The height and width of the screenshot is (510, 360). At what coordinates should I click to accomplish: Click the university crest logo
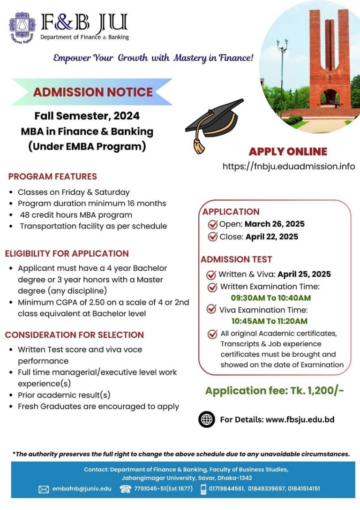(x=22, y=28)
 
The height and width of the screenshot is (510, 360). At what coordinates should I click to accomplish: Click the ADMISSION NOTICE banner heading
(x=93, y=91)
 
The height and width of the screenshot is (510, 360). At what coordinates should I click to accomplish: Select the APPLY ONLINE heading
(x=288, y=152)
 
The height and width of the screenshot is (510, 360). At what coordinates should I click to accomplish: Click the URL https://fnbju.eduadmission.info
(x=289, y=166)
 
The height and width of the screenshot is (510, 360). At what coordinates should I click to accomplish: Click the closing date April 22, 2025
(x=272, y=236)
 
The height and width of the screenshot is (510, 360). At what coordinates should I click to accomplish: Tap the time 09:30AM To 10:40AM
(x=270, y=297)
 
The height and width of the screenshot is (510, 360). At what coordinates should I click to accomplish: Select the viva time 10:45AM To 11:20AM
(x=269, y=321)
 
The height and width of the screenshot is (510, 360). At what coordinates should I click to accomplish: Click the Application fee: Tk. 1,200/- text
(x=275, y=390)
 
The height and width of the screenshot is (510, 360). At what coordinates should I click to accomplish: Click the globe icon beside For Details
(x=207, y=419)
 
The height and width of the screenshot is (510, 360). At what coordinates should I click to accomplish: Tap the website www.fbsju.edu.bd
(x=300, y=419)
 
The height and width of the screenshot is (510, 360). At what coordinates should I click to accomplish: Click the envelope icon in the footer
(x=44, y=489)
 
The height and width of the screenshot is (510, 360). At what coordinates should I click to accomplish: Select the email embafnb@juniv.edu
(x=82, y=488)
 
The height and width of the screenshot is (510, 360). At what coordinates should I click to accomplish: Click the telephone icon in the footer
(x=125, y=489)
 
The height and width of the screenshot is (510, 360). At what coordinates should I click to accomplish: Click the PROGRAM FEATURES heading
(x=52, y=176)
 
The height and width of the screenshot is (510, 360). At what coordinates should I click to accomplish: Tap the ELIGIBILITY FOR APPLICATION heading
(x=67, y=253)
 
